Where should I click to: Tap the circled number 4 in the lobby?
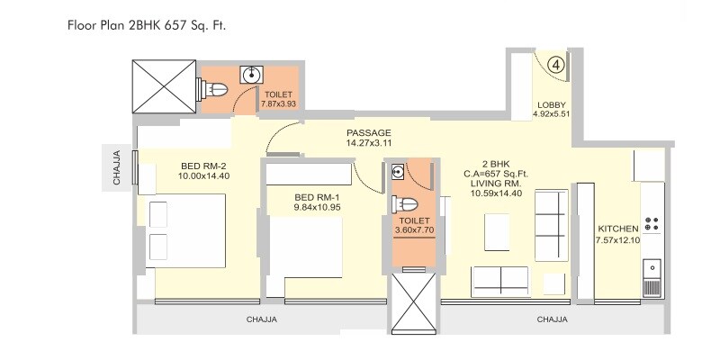click(x=557, y=64)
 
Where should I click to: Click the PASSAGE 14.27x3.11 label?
click(x=369, y=137)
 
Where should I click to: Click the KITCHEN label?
click(x=617, y=229)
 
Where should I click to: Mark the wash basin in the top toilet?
click(x=249, y=76)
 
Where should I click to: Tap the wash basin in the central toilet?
click(x=398, y=171)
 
